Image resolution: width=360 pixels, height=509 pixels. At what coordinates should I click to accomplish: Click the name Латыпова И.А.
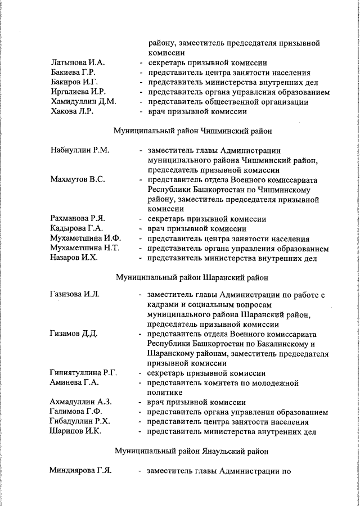tap(78, 62)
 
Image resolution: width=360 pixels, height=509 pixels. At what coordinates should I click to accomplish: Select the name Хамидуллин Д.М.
tap(83, 102)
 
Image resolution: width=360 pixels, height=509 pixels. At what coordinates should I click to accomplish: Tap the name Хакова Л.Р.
tap(72, 111)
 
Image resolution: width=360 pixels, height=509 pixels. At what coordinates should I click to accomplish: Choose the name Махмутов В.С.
tap(78, 179)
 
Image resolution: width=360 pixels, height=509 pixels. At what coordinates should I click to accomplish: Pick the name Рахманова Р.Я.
tap(78, 219)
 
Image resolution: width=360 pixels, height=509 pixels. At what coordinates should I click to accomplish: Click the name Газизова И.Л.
tap(75, 294)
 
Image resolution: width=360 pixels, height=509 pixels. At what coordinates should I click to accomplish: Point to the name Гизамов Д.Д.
tap(74, 334)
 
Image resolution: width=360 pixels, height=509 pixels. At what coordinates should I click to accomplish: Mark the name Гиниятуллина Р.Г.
tap(84, 373)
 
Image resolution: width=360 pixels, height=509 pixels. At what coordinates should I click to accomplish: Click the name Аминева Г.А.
tap(74, 382)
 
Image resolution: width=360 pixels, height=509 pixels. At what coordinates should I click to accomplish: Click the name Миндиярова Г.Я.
tap(80, 471)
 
